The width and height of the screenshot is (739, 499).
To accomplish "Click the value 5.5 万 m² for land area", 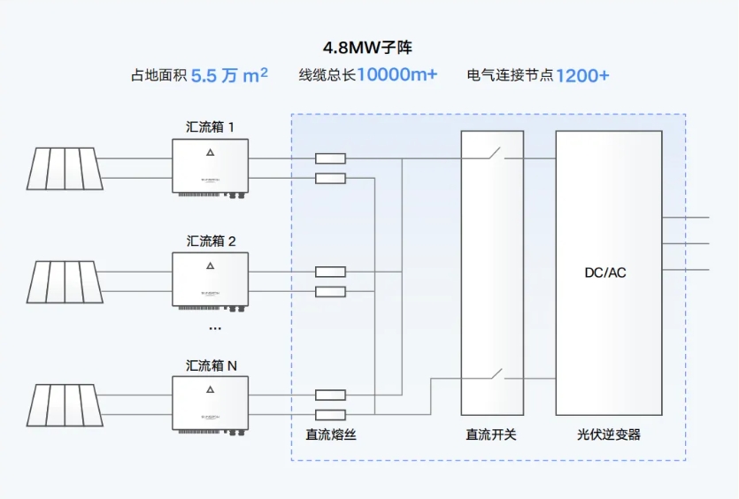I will click(x=229, y=76).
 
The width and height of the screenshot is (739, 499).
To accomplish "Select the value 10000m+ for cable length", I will click(x=396, y=75).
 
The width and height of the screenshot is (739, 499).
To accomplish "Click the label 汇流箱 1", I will click(x=211, y=127).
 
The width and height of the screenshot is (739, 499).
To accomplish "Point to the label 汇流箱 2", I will click(x=211, y=241).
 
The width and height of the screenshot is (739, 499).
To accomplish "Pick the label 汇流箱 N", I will click(x=211, y=365).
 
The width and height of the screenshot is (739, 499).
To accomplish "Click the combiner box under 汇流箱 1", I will click(x=210, y=167).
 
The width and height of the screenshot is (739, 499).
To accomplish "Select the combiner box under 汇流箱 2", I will click(x=210, y=280).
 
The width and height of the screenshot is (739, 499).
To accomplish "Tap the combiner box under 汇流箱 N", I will click(x=210, y=404).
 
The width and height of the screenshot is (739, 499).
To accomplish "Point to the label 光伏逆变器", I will click(x=608, y=434).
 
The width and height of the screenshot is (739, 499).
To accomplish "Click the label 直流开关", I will click(x=491, y=434).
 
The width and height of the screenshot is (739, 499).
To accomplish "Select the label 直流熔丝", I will click(x=331, y=434).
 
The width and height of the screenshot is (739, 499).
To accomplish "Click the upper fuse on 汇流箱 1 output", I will click(x=331, y=159).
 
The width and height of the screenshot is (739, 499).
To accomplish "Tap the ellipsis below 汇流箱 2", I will click(x=215, y=328).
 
